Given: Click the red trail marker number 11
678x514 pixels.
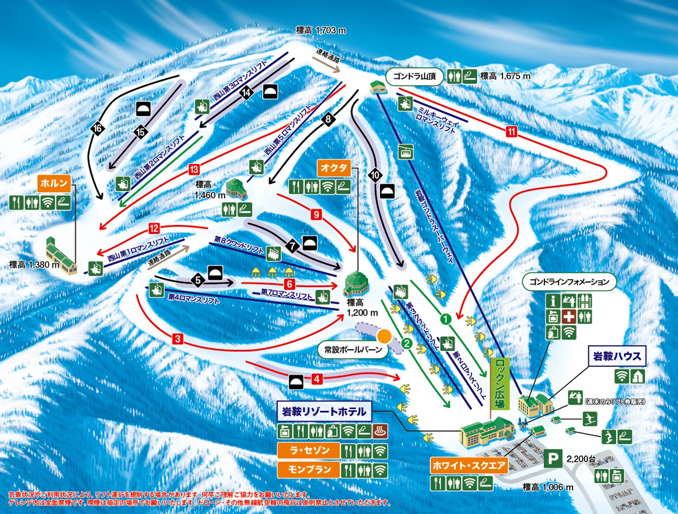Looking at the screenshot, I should [512, 131].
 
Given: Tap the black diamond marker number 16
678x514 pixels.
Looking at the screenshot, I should [98, 128].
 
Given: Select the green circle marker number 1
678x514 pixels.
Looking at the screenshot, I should [445, 319].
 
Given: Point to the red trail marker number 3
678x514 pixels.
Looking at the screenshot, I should [178, 338].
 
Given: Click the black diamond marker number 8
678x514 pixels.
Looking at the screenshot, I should [328, 119].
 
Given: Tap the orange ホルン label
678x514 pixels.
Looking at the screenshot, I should [54, 184].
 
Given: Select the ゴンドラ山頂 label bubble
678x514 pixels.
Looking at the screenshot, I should [414, 77].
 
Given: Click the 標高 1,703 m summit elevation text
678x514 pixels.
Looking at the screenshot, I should [321, 30].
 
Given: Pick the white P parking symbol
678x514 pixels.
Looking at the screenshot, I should [553, 459].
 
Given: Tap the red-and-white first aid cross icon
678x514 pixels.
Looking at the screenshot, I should [569, 316].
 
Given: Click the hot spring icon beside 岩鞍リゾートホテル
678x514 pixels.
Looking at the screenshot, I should [380, 431].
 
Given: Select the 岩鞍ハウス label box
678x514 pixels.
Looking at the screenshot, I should [617, 356].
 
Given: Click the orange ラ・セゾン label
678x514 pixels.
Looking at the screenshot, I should [308, 450].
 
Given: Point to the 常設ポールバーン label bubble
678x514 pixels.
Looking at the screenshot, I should [353, 349].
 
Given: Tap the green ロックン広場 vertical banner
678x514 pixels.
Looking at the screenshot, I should [500, 383].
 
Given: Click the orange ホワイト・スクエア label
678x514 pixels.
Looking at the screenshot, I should [469, 465].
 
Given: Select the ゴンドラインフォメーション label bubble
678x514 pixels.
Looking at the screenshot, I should [569, 282].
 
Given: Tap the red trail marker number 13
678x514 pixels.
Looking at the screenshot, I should [194, 169].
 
